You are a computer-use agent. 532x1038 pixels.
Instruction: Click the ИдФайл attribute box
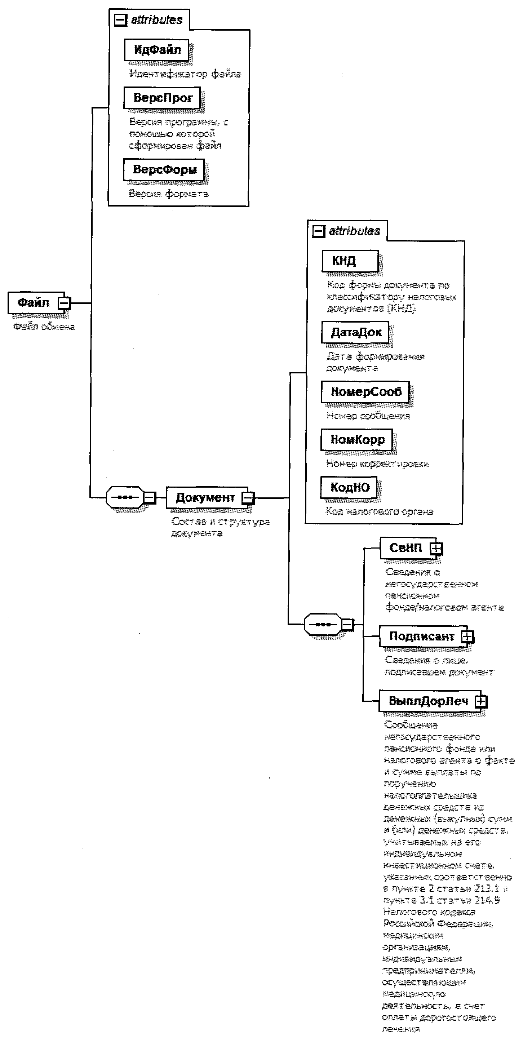click(x=157, y=50)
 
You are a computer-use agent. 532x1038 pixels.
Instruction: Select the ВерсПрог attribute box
click(x=162, y=98)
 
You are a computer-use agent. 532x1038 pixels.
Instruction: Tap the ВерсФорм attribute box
click(x=164, y=170)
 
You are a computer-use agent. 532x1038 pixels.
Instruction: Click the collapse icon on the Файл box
click(x=64, y=303)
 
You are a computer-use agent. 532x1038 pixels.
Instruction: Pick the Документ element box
click(x=205, y=498)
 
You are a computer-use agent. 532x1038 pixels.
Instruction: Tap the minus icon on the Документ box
click(x=248, y=498)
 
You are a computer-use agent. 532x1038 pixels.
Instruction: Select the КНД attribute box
click(x=349, y=261)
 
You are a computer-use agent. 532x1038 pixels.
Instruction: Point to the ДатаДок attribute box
click(x=355, y=332)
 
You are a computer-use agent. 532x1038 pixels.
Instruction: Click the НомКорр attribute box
click(x=357, y=440)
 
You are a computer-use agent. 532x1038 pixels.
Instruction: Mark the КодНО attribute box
click(x=349, y=487)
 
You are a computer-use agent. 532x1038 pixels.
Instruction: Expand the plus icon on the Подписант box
click(x=467, y=636)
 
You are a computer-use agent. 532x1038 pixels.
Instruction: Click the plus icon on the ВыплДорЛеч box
click(x=480, y=701)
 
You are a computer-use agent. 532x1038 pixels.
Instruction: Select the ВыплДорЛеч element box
click(x=428, y=701)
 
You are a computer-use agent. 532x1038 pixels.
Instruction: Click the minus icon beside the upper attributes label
click(x=120, y=20)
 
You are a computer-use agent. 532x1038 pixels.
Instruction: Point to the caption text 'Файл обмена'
click(x=44, y=327)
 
